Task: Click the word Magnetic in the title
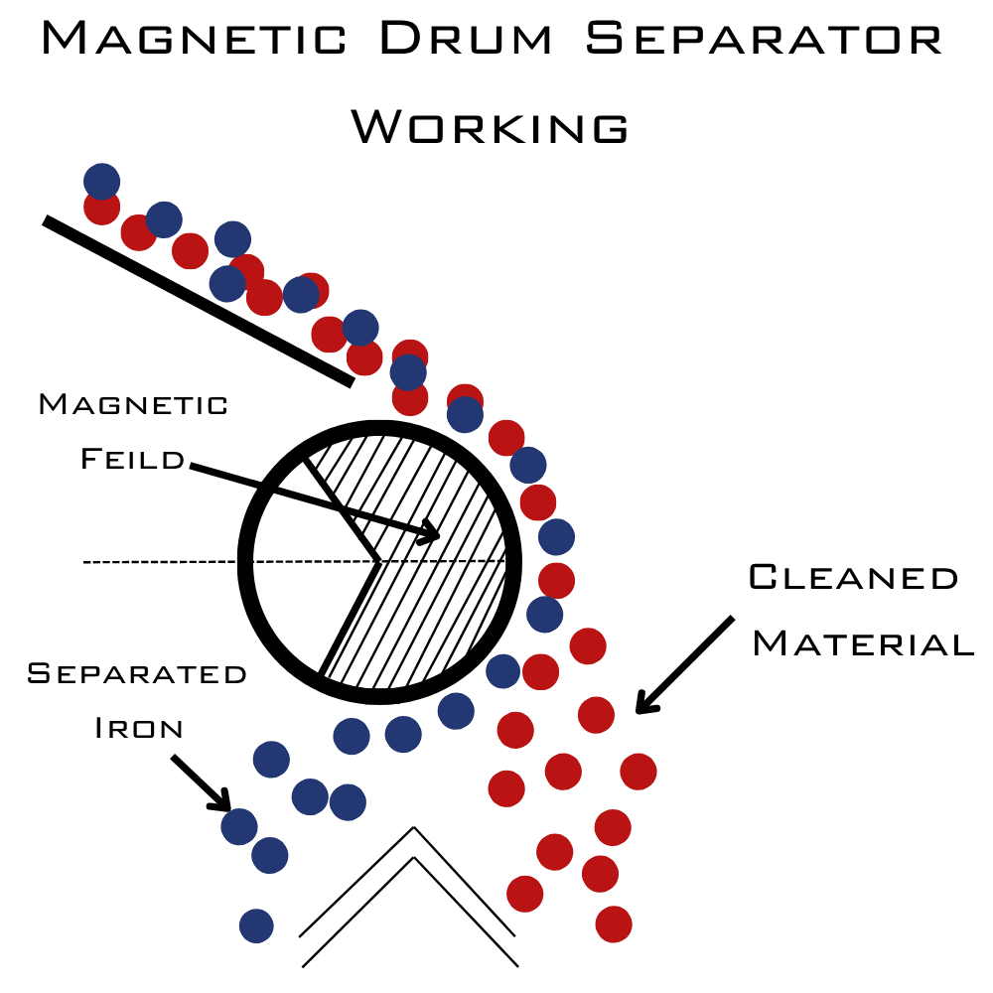(194, 40)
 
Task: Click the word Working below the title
(491, 127)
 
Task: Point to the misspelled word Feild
(133, 459)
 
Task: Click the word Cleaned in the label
(853, 578)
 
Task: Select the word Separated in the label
(137, 674)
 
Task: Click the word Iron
(139, 728)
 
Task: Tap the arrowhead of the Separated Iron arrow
(224, 805)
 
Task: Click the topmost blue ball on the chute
(101, 181)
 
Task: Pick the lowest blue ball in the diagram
(256, 925)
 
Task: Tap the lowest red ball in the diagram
(614, 923)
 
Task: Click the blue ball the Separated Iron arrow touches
(239, 825)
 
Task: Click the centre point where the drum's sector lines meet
(378, 563)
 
